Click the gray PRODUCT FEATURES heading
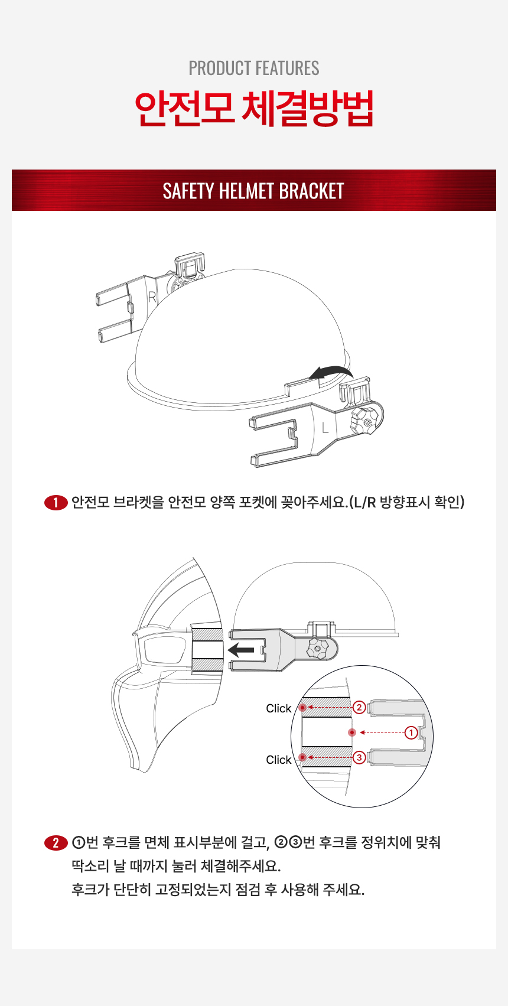254,69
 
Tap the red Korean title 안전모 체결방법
254,109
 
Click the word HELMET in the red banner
246,191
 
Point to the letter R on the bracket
152,297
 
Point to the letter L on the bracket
325,428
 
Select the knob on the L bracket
364,421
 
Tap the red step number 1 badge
56,503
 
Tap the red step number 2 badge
56,842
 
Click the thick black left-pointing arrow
241,650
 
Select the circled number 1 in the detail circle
411,732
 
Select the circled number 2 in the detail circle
359,707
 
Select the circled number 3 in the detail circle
359,758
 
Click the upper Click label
278,708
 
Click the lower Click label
278,760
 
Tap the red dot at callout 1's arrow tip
352,732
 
